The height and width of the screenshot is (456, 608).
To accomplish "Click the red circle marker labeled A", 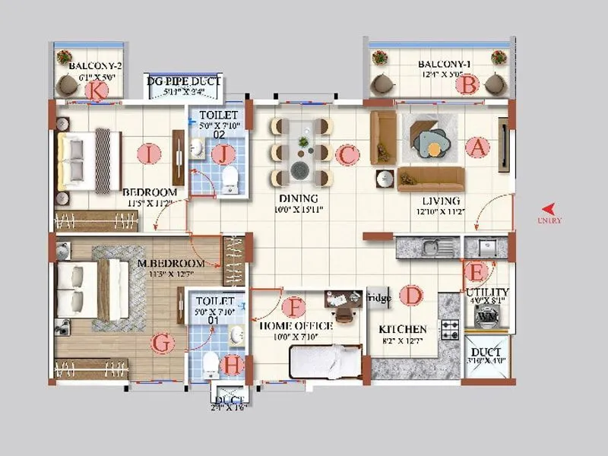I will [477, 147].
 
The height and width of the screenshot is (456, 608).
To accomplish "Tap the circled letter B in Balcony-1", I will [467, 84].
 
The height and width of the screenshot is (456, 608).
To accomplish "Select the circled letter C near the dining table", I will [347, 155].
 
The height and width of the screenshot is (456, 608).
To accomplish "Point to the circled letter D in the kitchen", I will [411, 295].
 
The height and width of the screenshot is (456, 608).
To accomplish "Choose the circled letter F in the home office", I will [293, 308].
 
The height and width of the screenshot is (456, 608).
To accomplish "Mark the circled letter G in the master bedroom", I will [161, 343].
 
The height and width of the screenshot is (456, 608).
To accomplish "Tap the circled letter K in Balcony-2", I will [97, 90].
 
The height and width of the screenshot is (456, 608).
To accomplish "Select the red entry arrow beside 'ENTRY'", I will [548, 208].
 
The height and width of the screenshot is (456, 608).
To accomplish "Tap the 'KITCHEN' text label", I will [403, 329].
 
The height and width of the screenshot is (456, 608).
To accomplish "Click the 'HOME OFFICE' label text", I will [296, 326].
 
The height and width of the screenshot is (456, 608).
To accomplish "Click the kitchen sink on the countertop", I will [430, 247].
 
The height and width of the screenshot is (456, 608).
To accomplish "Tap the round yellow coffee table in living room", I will [434, 149].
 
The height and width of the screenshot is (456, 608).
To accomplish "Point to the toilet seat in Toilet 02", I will [230, 179].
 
